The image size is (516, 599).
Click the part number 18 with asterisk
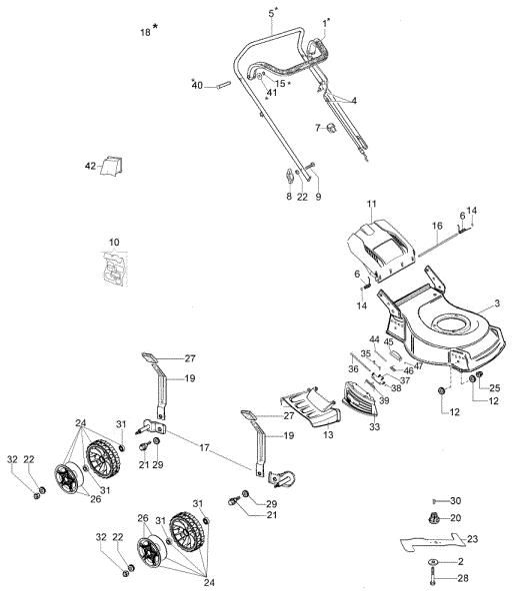tap(146, 32)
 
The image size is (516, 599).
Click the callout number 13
tap(329, 435)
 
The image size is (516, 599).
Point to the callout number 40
tap(197, 86)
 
